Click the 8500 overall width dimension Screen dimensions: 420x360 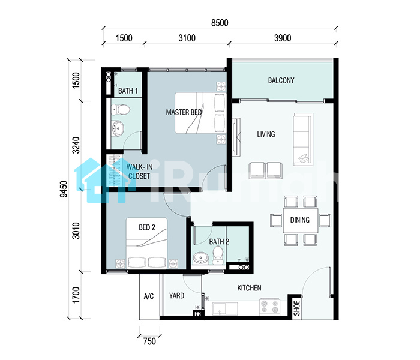pyautogui.click(x=220, y=23)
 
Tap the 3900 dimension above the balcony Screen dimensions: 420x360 pyautogui.click(x=283, y=38)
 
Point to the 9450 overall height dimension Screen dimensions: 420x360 pyautogui.click(x=64, y=189)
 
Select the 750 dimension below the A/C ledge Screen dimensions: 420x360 pyautogui.click(x=149, y=341)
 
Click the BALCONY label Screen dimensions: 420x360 pyautogui.click(x=281, y=80)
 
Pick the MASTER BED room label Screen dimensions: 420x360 pyautogui.click(x=184, y=112)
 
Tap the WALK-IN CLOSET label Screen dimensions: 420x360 pyautogui.click(x=139, y=172)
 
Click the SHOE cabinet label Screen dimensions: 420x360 pyautogui.click(x=297, y=308)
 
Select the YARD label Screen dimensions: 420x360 pyautogui.click(x=176, y=296)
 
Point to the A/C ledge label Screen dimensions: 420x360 pyautogui.click(x=149, y=296)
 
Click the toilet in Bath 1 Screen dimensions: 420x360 pyautogui.click(x=121, y=110)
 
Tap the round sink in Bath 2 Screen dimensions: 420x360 pyautogui.click(x=201, y=257)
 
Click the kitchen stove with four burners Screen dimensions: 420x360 pyautogui.click(x=270, y=307)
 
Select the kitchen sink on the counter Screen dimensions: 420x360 pyautogui.click(x=225, y=309)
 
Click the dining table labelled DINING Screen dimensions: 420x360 pyautogui.click(x=301, y=220)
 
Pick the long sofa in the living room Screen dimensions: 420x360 pyautogui.click(x=303, y=140)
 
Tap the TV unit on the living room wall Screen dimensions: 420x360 pyautogui.click(x=236, y=137)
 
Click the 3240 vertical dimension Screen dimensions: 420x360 pyautogui.click(x=76, y=145)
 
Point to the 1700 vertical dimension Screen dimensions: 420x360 pyautogui.click(x=76, y=295)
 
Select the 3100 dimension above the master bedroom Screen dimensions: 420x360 pyautogui.click(x=187, y=38)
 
